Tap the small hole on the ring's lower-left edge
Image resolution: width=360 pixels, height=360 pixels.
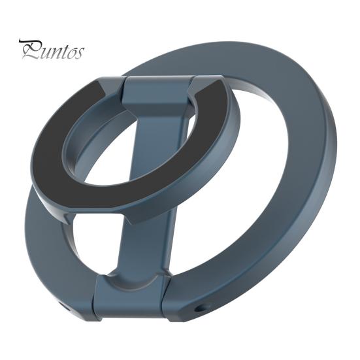tap(64, 304)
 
